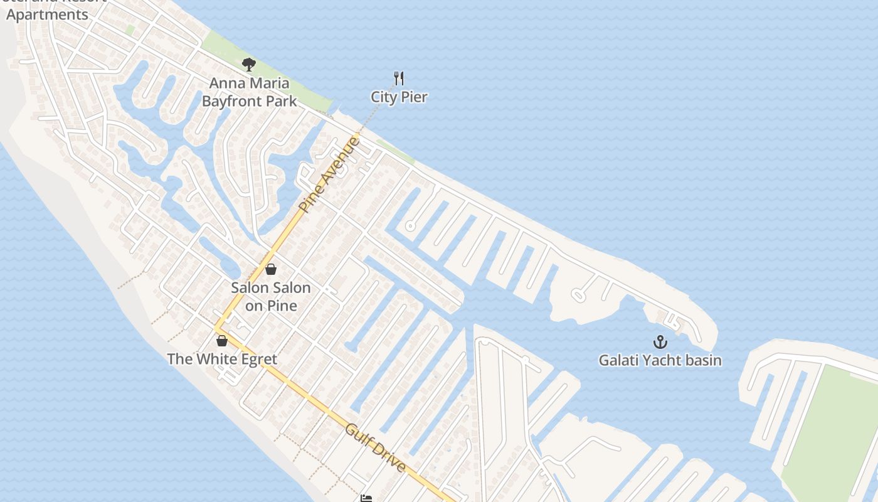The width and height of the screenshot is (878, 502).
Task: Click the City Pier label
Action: click(399, 97)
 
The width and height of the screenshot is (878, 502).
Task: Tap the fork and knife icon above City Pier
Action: click(399, 78)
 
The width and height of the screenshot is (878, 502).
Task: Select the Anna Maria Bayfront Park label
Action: click(249, 92)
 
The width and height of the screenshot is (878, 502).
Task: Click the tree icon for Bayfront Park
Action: click(249, 64)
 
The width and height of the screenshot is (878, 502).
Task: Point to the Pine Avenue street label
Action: click(330, 175)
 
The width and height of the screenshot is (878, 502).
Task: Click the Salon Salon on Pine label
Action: click(270, 297)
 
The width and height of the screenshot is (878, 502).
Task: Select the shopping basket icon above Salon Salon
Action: click(271, 269)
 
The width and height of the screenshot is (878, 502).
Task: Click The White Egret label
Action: click(221, 360)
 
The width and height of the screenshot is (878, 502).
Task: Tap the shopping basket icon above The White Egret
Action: click(221, 341)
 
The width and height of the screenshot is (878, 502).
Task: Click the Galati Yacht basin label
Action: click(660, 361)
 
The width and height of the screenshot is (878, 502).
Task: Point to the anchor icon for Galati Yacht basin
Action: click(660, 342)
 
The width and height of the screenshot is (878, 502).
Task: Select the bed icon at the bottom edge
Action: click(366, 498)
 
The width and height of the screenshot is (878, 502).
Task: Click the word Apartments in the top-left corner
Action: click(47, 14)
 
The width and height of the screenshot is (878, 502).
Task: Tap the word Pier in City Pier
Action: click(415, 97)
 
